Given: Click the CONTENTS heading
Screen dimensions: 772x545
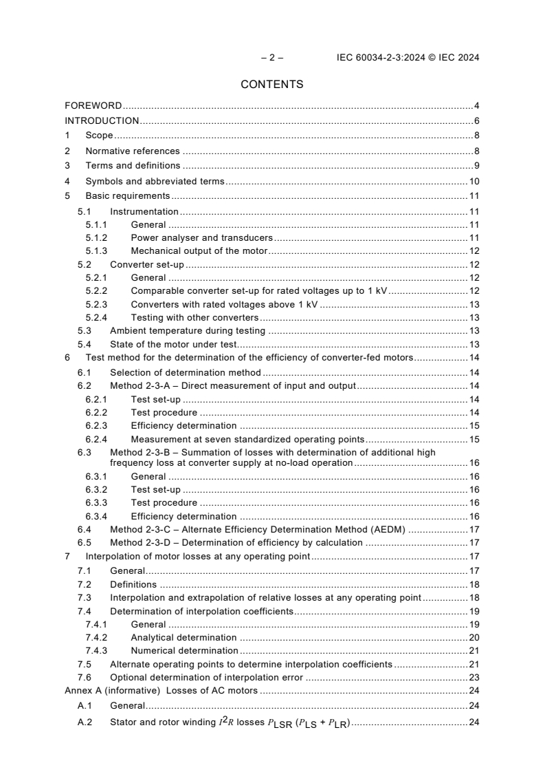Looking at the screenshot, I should point(271,85).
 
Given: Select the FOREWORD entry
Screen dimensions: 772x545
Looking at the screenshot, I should point(93,106).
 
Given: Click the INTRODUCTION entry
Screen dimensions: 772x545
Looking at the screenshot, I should point(102,121).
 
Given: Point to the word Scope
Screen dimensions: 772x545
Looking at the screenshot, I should point(99,136).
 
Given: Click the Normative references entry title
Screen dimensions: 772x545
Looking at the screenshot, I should point(132,151).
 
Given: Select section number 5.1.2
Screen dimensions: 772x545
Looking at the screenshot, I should point(96,238).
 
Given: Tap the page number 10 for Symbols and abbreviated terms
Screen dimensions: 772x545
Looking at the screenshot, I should point(474,182).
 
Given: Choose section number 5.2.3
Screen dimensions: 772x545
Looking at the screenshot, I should point(96,304).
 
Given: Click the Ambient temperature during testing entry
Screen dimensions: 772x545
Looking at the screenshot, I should point(188,331).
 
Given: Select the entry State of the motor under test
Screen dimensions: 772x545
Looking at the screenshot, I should point(173,344).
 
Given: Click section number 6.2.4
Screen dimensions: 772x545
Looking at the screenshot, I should point(96,439).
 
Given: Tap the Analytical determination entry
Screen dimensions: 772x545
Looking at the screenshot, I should point(183,638).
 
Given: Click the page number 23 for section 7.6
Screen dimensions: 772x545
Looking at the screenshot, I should point(474,677).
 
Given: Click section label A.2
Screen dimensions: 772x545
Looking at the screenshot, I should point(85,722).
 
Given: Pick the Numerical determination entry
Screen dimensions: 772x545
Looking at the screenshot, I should point(184,651).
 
